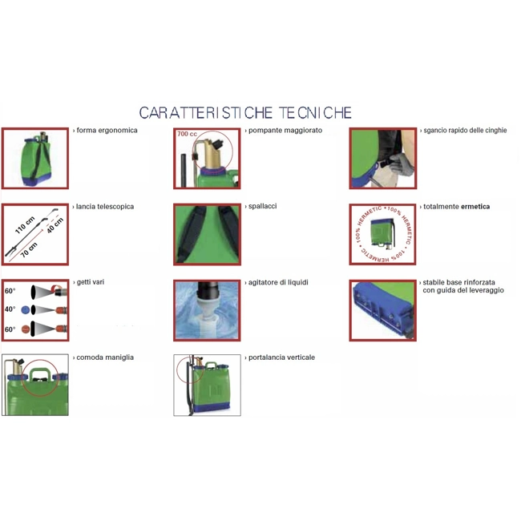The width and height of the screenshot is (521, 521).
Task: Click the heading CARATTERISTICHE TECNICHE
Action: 245,113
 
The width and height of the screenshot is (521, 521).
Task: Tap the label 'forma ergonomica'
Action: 107,130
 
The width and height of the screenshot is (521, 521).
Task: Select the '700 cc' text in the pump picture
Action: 187,134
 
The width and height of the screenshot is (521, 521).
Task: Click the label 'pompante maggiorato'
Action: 285,130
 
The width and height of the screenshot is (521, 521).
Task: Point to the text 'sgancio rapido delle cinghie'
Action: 465,130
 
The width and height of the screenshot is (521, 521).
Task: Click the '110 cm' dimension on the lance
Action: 25,225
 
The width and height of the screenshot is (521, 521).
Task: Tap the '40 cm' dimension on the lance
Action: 55,225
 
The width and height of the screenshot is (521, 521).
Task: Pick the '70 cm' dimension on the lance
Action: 29,250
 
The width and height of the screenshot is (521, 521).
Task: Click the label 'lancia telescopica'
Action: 105,207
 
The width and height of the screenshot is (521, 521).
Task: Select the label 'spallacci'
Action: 262,206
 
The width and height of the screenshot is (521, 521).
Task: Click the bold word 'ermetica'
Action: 475,207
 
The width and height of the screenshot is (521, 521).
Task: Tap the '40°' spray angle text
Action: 10,309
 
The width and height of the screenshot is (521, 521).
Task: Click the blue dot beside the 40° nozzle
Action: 26,310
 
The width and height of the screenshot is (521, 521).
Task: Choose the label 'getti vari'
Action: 91,282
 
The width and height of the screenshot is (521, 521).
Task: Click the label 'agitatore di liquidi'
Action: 278,282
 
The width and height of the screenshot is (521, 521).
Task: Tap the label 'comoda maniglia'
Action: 105,357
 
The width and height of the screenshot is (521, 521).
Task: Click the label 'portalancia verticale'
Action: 282,357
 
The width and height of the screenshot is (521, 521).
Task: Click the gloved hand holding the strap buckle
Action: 401,164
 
